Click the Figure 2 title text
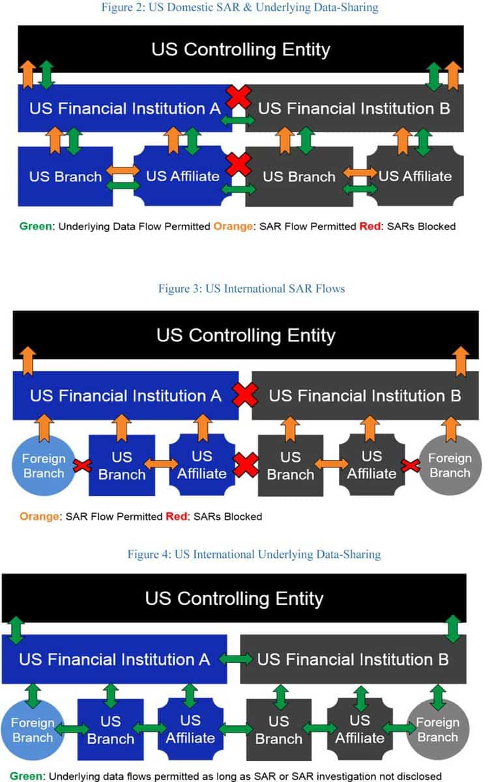[x=240, y=7]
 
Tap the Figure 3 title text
[x=252, y=288]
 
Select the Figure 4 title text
[x=254, y=554]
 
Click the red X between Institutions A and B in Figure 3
[x=245, y=395]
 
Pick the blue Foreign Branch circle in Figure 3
[x=44, y=465]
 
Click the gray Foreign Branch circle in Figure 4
[x=438, y=729]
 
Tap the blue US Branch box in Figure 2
[x=65, y=177]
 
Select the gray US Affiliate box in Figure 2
[x=415, y=176]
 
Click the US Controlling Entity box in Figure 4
[x=234, y=598]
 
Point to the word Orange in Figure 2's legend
[x=233, y=226]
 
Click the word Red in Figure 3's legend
[x=177, y=516]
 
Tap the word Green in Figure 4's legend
[x=27, y=776]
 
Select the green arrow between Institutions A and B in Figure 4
[x=235, y=659]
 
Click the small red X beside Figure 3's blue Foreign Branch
[x=82, y=465]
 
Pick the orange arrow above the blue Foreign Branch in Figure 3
[x=44, y=428]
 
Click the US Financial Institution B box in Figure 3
[x=365, y=395]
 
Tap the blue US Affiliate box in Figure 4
[x=190, y=729]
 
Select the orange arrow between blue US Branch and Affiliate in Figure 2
[x=123, y=171]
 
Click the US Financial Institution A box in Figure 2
[x=125, y=108]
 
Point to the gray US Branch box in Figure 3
[x=291, y=465]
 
